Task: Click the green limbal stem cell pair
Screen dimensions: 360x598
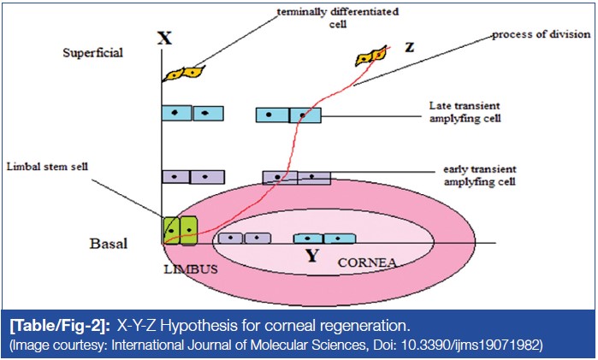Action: point(180,231)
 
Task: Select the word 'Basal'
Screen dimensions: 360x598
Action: point(109,243)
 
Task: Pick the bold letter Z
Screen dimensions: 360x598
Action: point(409,50)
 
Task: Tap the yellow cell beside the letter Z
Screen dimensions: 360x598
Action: point(371,58)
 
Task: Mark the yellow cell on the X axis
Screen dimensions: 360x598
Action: point(187,74)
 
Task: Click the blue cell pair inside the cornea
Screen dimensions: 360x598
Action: point(324,239)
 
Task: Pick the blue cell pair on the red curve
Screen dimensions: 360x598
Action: point(288,114)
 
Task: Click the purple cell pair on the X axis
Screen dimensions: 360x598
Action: point(193,177)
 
